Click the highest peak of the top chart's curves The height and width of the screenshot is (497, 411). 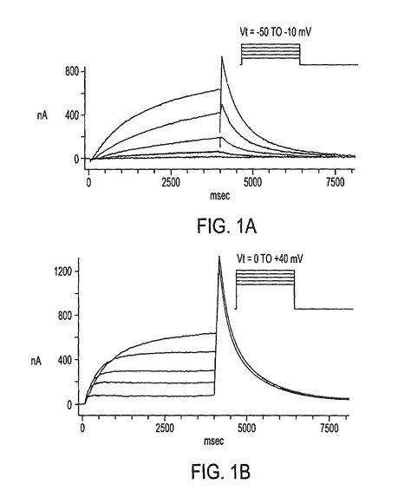223,57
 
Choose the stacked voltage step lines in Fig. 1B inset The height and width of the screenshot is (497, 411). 265,279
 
